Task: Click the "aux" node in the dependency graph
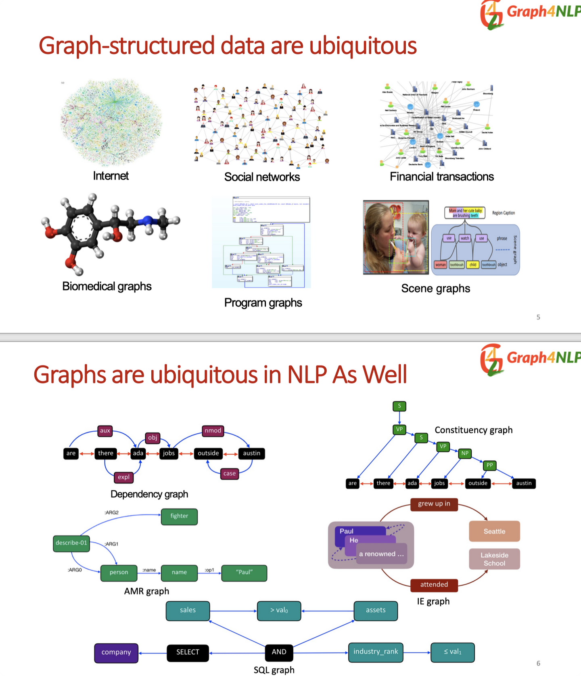pyautogui.click(x=105, y=430)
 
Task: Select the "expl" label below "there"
pyautogui.click(x=123, y=477)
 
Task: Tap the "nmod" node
pyautogui.click(x=213, y=430)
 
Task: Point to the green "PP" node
pyautogui.click(x=489, y=465)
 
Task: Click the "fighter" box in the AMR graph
pyautogui.click(x=179, y=516)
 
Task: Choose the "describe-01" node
pyautogui.click(x=71, y=543)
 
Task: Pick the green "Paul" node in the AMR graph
pyautogui.click(x=244, y=572)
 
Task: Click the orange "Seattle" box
pyautogui.click(x=494, y=531)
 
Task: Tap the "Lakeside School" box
pyautogui.click(x=494, y=559)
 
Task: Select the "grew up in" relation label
pyautogui.click(x=434, y=504)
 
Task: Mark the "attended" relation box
pyautogui.click(x=434, y=584)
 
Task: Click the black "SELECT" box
pyautogui.click(x=188, y=652)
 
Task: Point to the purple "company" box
pyautogui.click(x=116, y=653)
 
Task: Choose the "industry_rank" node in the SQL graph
pyautogui.click(x=376, y=652)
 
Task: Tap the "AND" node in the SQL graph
pyautogui.click(x=279, y=652)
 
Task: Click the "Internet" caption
pyautogui.click(x=111, y=176)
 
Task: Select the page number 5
pyautogui.click(x=538, y=317)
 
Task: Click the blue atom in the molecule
pyautogui.click(x=147, y=220)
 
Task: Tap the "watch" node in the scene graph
pyautogui.click(x=465, y=238)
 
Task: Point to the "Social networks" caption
pyautogui.click(x=262, y=177)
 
